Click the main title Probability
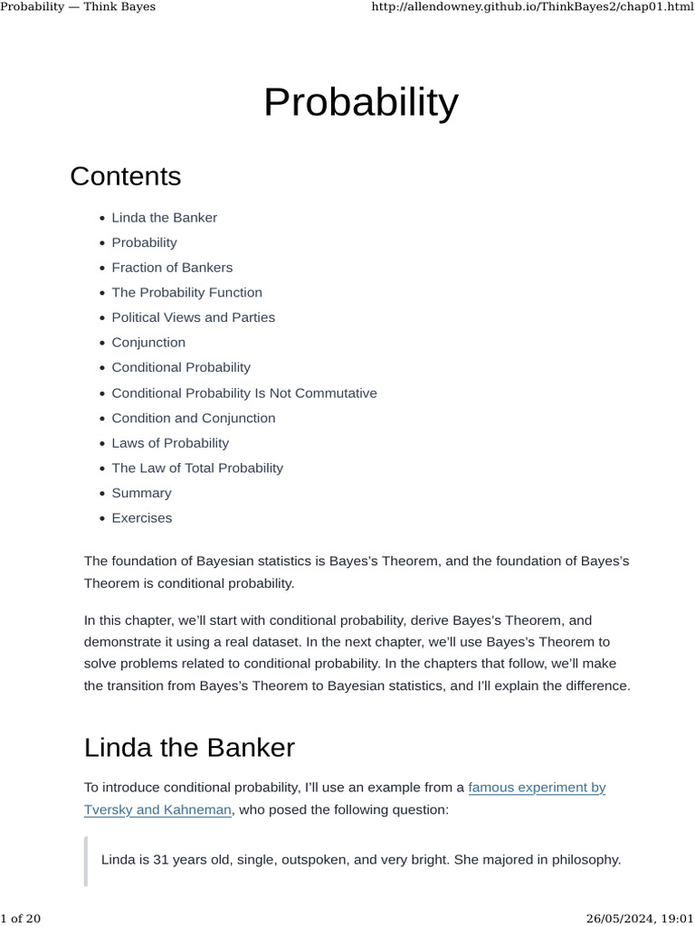(x=360, y=103)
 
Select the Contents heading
(x=125, y=176)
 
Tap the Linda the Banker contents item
(x=164, y=218)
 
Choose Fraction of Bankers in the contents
(x=172, y=268)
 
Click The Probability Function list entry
(x=186, y=293)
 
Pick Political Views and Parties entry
(x=193, y=317)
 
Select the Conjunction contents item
(x=148, y=343)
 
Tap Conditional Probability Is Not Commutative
(x=243, y=393)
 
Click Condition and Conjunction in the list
(x=193, y=419)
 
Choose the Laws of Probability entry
(x=170, y=443)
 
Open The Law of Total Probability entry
(x=196, y=468)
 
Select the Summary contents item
(x=141, y=494)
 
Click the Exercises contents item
(x=141, y=518)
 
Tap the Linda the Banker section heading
(x=189, y=748)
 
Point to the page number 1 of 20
(x=21, y=919)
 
